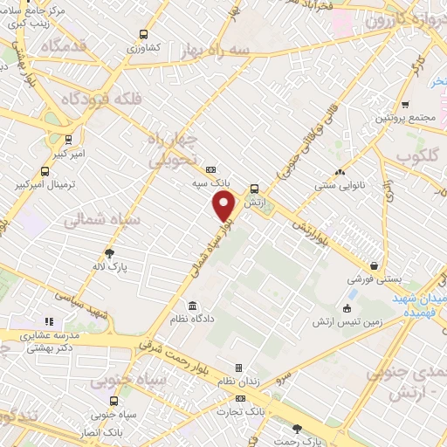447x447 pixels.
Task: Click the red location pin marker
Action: tap(225, 206)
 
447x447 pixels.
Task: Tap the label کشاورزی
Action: tap(141, 50)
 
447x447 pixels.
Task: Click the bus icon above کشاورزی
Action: tap(142, 36)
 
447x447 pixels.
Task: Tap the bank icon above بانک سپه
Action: tap(210, 170)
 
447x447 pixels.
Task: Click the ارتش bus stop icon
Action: tap(254, 188)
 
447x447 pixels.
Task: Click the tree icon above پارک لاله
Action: tap(108, 252)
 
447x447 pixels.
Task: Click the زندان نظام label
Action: tap(239, 382)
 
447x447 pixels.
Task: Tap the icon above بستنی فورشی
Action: tap(374, 266)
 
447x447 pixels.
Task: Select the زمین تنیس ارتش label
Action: tap(347, 322)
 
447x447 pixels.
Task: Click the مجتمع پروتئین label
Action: tap(403, 117)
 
